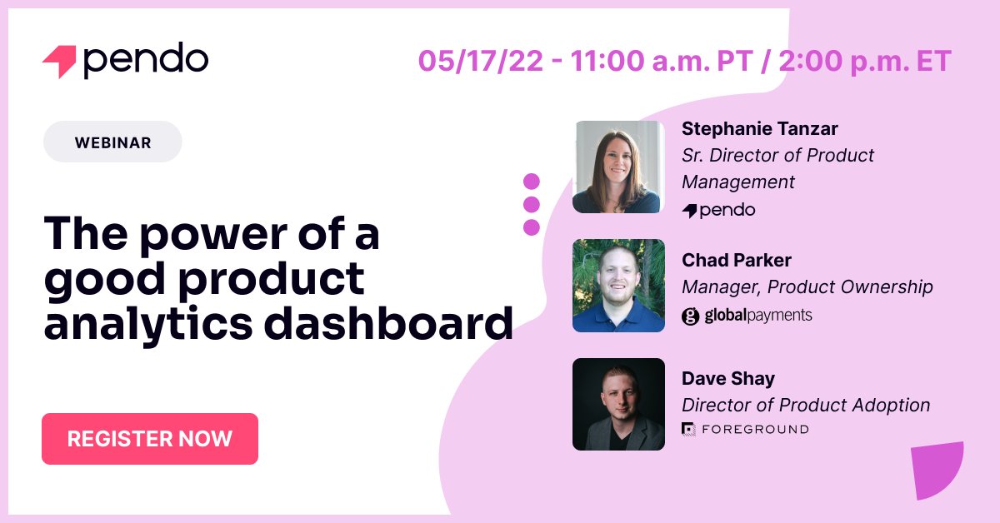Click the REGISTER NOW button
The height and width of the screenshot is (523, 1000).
point(150,439)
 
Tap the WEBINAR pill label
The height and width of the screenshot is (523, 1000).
point(112,142)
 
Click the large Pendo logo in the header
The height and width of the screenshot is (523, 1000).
point(125,60)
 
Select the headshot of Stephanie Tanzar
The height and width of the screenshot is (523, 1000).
point(618,167)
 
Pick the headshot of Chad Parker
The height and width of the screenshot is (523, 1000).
point(618,286)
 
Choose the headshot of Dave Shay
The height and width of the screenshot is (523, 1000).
point(618,404)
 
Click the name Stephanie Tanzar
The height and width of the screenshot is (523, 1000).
point(760,128)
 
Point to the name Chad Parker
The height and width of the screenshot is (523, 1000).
point(735,260)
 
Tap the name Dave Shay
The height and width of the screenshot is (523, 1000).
point(728,378)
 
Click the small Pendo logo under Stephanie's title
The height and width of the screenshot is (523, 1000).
point(718,210)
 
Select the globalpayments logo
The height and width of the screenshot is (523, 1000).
point(747,316)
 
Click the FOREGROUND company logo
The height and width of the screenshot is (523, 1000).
point(745,429)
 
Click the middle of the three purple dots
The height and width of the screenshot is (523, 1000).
point(531,204)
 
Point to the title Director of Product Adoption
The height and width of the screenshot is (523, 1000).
point(806,406)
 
